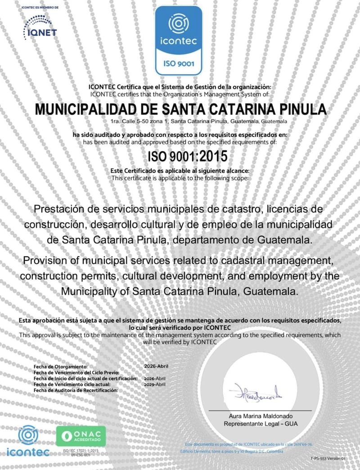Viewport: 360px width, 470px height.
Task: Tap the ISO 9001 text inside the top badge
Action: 179,63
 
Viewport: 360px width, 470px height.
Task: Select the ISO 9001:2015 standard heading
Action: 188,156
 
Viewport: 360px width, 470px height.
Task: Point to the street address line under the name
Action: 198,121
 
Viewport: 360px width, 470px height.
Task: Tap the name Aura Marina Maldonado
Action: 260,416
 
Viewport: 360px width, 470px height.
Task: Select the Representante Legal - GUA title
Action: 260,424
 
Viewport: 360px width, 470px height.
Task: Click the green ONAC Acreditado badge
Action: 80,436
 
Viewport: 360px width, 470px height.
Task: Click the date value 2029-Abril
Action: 155,385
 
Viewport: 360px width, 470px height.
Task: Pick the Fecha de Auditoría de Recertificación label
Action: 76,390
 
